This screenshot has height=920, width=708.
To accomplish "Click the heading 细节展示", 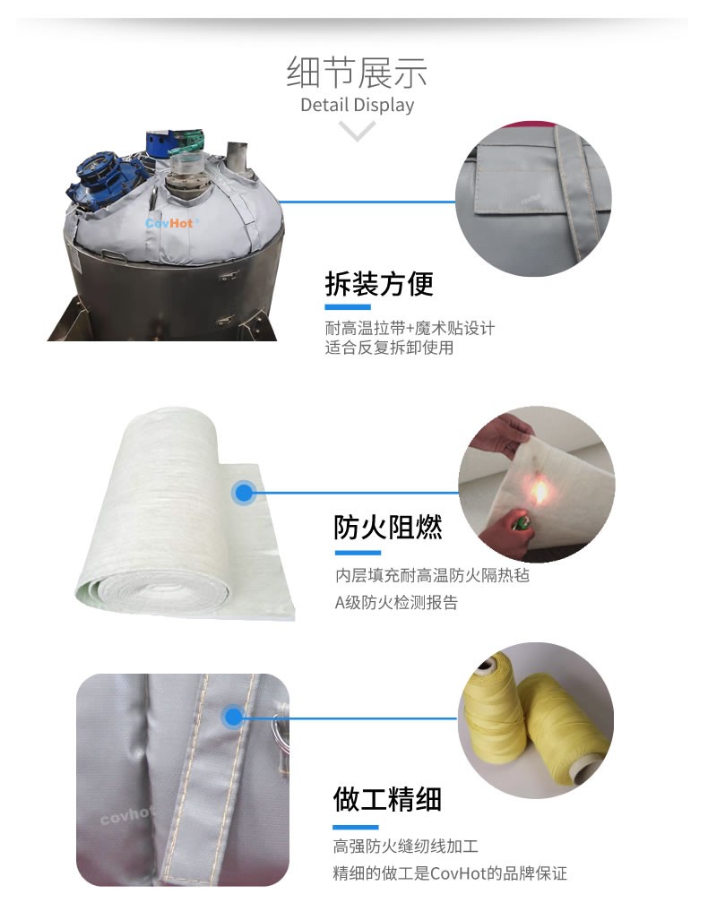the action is point(357,73).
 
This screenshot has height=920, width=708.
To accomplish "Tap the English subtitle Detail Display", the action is point(357,105).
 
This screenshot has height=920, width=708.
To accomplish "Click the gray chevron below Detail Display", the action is point(357,130).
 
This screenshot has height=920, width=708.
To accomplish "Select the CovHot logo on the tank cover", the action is point(169,223).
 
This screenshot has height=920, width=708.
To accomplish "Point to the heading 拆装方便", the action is point(379,284).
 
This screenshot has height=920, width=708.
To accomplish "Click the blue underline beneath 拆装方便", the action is point(348,307).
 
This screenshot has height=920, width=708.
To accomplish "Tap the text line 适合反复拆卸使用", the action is point(389,348).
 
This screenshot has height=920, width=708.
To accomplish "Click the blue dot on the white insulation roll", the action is point(243,492).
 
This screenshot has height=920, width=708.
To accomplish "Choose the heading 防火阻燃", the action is point(387,527).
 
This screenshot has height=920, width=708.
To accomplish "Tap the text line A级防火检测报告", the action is point(396,602).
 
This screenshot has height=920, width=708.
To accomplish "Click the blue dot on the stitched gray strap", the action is point(233,717).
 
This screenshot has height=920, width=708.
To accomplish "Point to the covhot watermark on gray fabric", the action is point(127,814).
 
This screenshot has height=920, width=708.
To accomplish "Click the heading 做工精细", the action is point(387,799).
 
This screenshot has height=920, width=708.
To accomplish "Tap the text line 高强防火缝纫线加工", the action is point(406,846).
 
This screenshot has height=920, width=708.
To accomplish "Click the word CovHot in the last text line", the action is point(458,873).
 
